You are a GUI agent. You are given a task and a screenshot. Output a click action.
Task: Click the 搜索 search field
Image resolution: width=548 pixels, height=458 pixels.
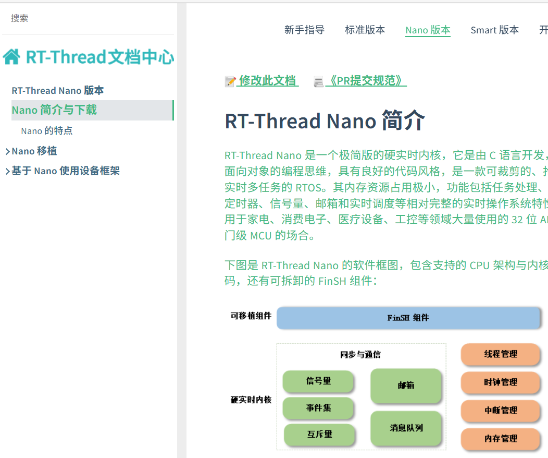[78, 18]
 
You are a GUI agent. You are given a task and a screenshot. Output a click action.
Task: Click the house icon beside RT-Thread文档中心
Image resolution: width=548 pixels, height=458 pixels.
[11, 56]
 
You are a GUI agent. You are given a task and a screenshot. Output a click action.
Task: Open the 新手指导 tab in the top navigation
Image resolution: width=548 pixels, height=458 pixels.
[304, 30]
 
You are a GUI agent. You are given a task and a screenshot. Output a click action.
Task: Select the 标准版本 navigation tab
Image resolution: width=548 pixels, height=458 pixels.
[365, 30]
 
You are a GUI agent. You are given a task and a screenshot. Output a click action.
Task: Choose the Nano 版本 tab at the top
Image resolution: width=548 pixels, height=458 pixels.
[428, 30]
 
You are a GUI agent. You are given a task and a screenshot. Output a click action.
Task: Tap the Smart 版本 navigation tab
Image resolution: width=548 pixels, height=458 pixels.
[494, 30]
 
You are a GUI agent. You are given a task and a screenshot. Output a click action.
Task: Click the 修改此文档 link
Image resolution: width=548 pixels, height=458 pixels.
[267, 81]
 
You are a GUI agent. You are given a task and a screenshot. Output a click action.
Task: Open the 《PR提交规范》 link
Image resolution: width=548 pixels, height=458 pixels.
[365, 81]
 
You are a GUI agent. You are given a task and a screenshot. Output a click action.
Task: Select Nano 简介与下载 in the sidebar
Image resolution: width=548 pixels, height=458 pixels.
[54, 110]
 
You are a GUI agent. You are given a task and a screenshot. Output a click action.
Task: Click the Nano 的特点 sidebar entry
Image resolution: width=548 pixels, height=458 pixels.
[47, 130]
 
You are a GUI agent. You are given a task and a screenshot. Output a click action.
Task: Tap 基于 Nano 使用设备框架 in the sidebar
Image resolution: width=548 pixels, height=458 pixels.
[66, 171]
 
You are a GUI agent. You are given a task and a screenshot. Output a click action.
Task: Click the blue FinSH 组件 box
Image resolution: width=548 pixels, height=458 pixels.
[408, 318]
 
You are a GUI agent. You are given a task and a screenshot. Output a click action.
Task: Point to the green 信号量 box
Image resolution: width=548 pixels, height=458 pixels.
[318, 381]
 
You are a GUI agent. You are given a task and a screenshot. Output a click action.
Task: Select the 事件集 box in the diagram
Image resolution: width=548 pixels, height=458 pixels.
[318, 408]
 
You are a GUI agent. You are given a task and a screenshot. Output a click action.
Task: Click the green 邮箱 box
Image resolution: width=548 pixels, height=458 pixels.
[406, 385]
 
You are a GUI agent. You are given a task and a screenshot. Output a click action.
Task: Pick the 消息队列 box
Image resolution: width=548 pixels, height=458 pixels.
[406, 428]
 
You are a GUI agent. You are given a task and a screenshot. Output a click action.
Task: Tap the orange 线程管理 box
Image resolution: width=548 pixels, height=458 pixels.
[500, 354]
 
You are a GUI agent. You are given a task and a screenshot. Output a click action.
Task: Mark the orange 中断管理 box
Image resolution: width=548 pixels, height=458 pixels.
[500, 411]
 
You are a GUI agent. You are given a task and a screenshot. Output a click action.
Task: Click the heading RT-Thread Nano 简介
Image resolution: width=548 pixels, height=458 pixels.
[325, 121]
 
